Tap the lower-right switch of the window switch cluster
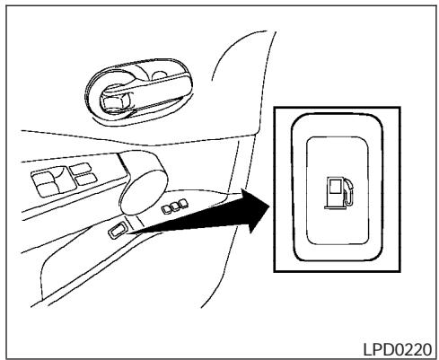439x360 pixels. click(87, 182)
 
